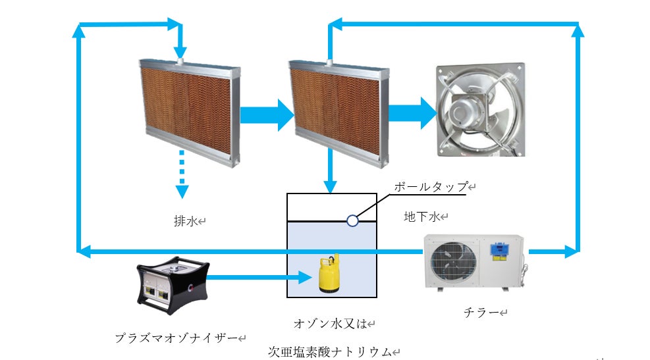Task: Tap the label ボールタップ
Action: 431,187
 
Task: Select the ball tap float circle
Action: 352,220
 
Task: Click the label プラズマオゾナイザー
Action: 176,338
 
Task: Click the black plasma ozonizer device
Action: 173,284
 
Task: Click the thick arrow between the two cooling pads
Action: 265,115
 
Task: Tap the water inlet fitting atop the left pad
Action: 180,61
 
